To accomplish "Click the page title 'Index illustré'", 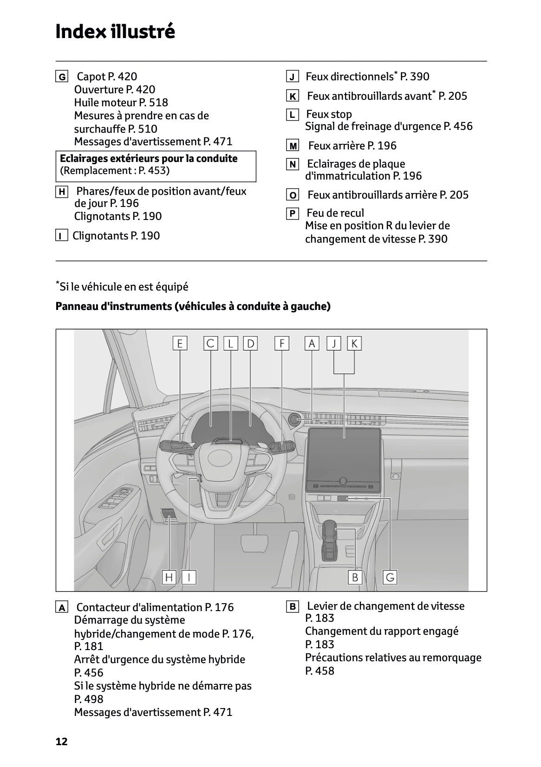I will point(115,32).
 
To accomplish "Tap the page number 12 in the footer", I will point(62,741).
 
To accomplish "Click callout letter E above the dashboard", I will point(180,343).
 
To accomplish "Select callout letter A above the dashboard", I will point(312,343).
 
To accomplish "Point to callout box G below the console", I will point(390,577).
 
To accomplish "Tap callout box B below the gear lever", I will point(355,577).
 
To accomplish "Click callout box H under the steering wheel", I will point(169,577).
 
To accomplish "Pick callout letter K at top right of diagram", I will point(354,343).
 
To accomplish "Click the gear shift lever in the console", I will point(330,538).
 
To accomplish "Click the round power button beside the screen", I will point(294,419).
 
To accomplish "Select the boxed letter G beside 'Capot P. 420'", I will point(61,77).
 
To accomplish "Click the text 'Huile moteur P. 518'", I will point(121,103).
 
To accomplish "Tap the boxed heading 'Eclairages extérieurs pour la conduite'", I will point(149,159).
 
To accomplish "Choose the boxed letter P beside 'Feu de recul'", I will point(292,213).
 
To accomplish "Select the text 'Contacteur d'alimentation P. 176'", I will point(155,607).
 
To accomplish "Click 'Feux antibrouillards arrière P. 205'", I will point(388,195).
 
